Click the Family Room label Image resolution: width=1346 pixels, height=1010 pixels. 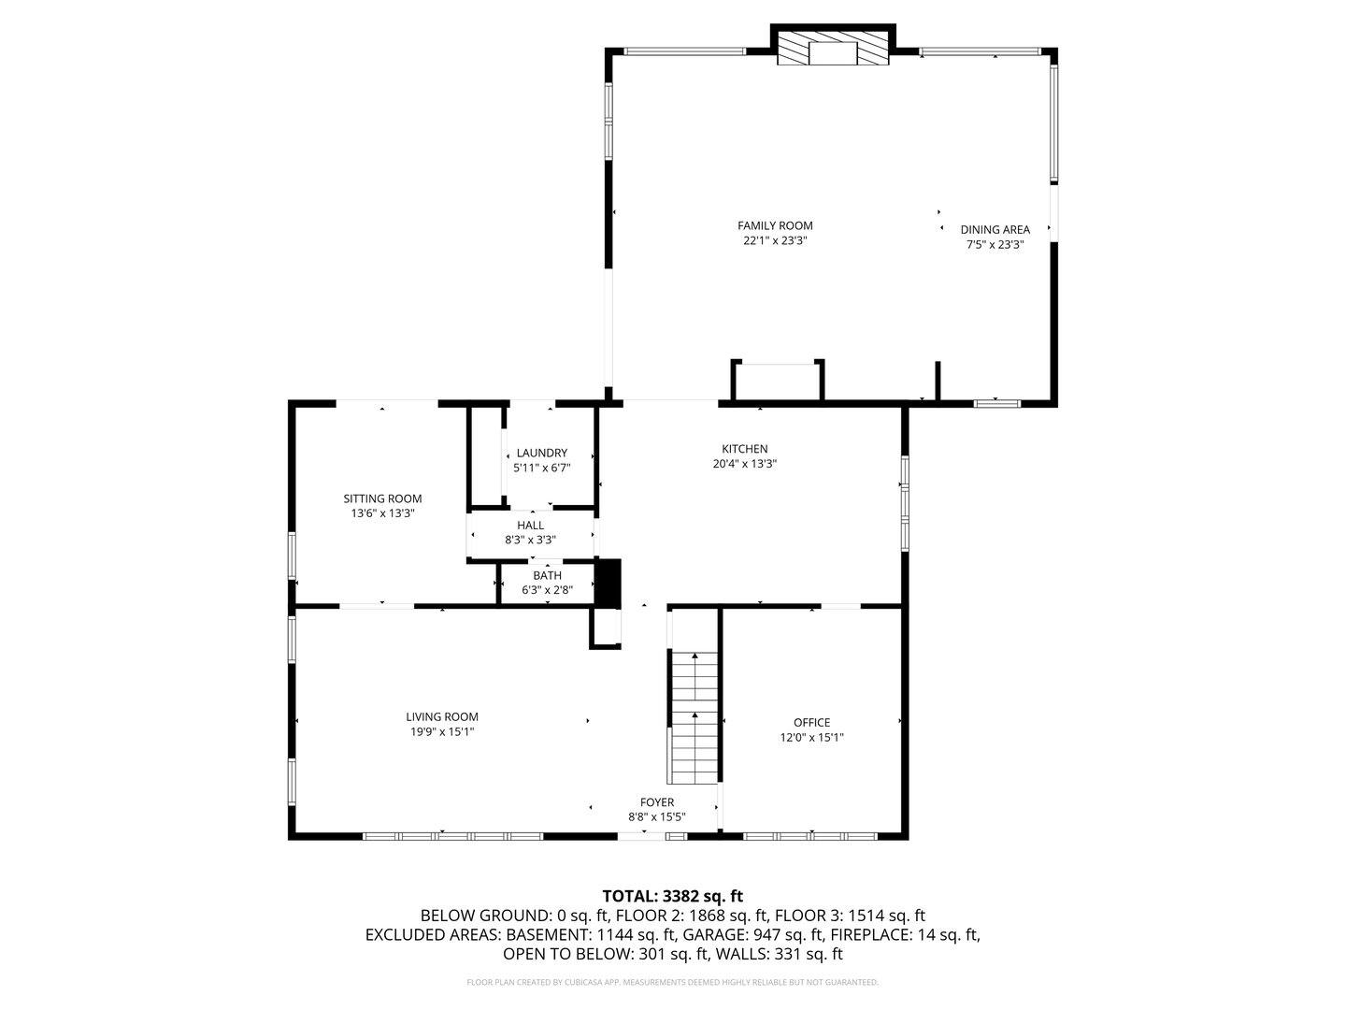tap(775, 225)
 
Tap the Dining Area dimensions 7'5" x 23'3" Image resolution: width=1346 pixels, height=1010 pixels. tap(995, 245)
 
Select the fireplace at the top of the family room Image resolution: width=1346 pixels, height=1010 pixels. tap(833, 51)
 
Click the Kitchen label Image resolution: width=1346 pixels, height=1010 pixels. tap(744, 449)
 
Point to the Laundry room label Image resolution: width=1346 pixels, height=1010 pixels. tap(541, 453)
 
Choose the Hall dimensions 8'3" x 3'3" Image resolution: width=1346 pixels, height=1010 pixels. tap(530, 540)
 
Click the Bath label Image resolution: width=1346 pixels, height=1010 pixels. tap(548, 575)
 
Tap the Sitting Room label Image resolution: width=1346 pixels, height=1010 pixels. tap(382, 498)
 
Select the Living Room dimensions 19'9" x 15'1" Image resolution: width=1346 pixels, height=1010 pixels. tap(443, 732)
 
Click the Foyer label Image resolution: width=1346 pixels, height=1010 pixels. tap(657, 802)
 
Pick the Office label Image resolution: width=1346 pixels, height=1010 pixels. tap(811, 722)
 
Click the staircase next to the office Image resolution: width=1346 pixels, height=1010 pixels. tap(693, 720)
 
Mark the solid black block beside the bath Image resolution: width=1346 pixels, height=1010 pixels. tap(609, 584)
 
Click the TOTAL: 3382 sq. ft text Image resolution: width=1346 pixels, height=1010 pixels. tap(672, 896)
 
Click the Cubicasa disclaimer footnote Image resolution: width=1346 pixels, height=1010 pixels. tap(672, 983)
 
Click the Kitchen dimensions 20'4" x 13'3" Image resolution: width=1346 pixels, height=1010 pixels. tap(744, 464)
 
